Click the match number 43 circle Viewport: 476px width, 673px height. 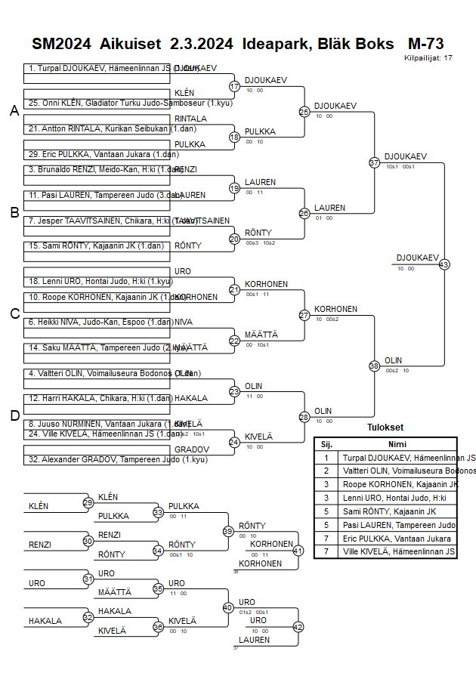click(444, 264)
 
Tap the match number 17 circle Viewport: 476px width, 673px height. click(234, 87)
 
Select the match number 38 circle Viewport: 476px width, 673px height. click(374, 366)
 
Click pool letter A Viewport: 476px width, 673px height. click(14, 111)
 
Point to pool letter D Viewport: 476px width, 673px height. click(14, 415)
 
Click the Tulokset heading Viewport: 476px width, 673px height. click(385, 427)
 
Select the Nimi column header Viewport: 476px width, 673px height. click(397, 444)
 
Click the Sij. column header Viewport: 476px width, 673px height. click(326, 444)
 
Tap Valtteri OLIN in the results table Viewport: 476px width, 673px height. click(408, 471)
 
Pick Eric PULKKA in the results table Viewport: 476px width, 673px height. click(397, 539)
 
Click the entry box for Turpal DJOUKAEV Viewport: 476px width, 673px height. click(98, 68)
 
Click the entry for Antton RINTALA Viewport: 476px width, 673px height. click(98, 128)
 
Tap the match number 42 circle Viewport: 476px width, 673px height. click(298, 627)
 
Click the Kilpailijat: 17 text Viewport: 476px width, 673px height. click(428, 57)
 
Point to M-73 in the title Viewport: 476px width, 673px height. click(425, 43)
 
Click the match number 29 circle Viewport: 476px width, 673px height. click(88, 503)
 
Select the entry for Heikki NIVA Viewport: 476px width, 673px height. click(98, 322)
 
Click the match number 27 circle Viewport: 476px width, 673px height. click(304, 315)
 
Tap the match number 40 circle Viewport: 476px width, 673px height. click(227, 607)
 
